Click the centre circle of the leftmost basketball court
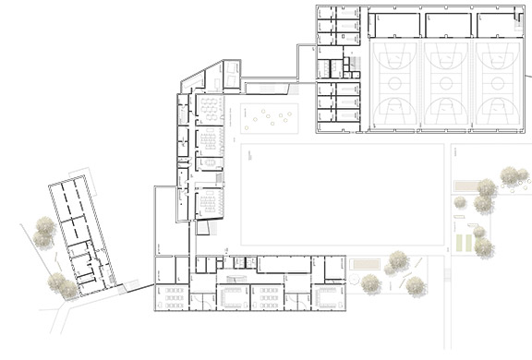coord(396,83)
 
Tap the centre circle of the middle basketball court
coord(448,83)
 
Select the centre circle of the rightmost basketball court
coord(500,83)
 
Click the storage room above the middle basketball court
coord(448,25)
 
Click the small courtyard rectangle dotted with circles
coord(270,117)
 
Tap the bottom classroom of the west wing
coord(209,200)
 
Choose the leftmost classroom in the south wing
coord(173,297)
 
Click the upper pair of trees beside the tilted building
coord(42,232)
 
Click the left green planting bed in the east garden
coord(462,244)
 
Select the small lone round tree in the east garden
coord(459,202)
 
